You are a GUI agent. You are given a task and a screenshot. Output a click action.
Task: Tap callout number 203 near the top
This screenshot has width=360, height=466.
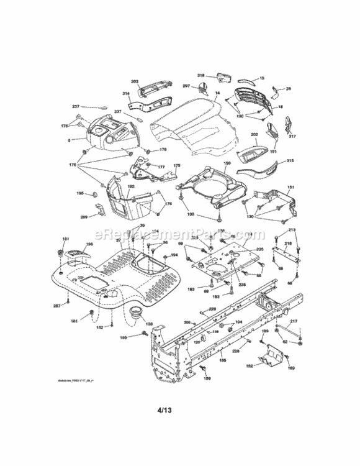pyautogui.click(x=135, y=82)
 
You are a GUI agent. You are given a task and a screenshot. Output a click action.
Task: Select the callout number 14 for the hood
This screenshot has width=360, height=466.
pyautogui.click(x=217, y=93)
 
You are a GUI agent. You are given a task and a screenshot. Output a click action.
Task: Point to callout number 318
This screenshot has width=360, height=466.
pyautogui.click(x=201, y=75)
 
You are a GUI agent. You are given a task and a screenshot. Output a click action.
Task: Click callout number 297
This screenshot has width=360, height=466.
pyautogui.click(x=186, y=86)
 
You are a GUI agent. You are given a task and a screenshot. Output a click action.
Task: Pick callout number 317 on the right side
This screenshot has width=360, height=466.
pyautogui.click(x=292, y=137)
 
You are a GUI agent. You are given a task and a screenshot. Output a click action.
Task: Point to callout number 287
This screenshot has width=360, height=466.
pyautogui.click(x=57, y=306)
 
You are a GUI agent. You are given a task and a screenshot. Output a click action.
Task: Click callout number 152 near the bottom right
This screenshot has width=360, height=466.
pyautogui.click(x=250, y=367)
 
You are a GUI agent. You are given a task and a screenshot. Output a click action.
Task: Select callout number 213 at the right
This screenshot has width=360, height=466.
pyautogui.click(x=292, y=231)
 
